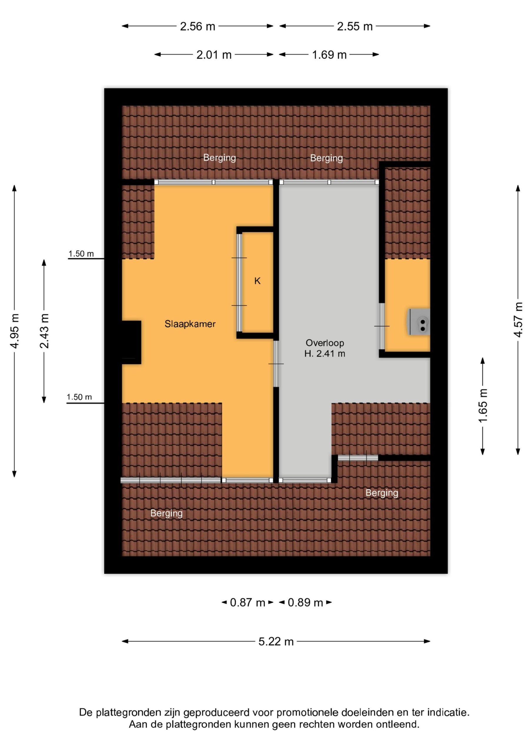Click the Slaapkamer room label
(x=190, y=324)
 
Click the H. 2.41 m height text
(x=324, y=354)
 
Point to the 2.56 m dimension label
(x=198, y=26)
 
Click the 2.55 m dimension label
(x=355, y=26)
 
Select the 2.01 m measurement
(x=214, y=55)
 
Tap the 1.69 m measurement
(x=329, y=55)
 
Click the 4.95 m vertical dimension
(x=15, y=331)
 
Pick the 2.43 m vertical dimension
(x=44, y=331)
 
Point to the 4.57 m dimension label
(x=518, y=320)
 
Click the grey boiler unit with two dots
(x=419, y=322)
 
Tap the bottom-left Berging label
(x=167, y=513)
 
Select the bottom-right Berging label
(x=382, y=493)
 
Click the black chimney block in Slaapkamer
(x=131, y=342)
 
